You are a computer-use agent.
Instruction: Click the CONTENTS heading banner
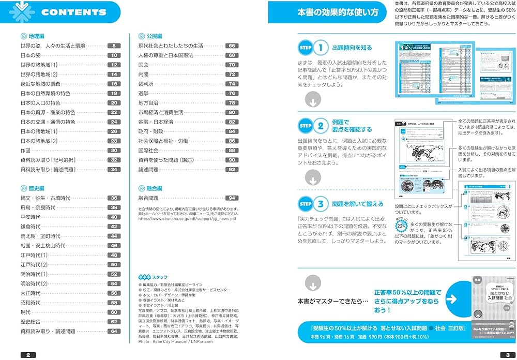tap(72, 12)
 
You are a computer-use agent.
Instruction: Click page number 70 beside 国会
tap(232, 65)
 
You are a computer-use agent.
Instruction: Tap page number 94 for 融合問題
tap(232, 198)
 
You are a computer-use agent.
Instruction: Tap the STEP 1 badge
tap(314, 48)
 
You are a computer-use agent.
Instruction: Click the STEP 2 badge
tap(314, 125)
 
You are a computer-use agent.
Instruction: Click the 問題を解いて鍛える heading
tap(358, 204)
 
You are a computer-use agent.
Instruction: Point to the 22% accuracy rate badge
tap(402, 226)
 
